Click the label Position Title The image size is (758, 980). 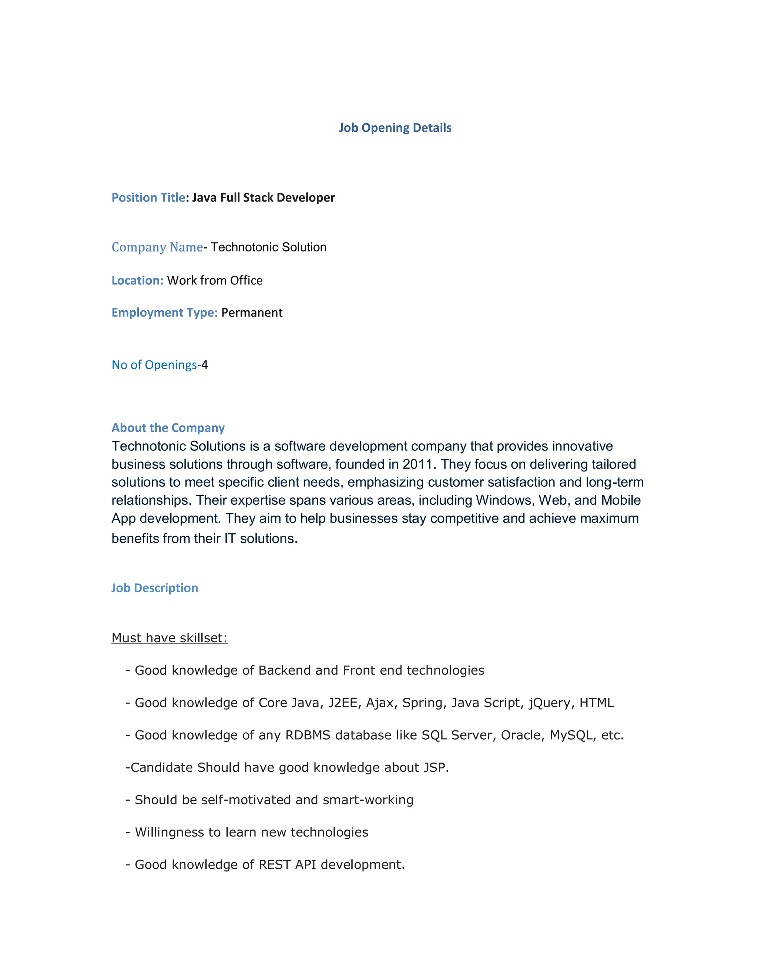(148, 197)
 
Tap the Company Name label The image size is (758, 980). (157, 247)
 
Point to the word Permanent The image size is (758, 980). (252, 313)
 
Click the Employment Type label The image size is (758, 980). (164, 313)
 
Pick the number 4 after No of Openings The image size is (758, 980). (205, 365)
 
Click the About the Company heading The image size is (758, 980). (168, 428)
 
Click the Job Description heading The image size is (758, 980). (154, 588)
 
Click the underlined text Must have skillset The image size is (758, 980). (169, 638)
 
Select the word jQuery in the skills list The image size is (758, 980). (551, 703)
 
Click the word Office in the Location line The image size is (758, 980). (246, 280)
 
